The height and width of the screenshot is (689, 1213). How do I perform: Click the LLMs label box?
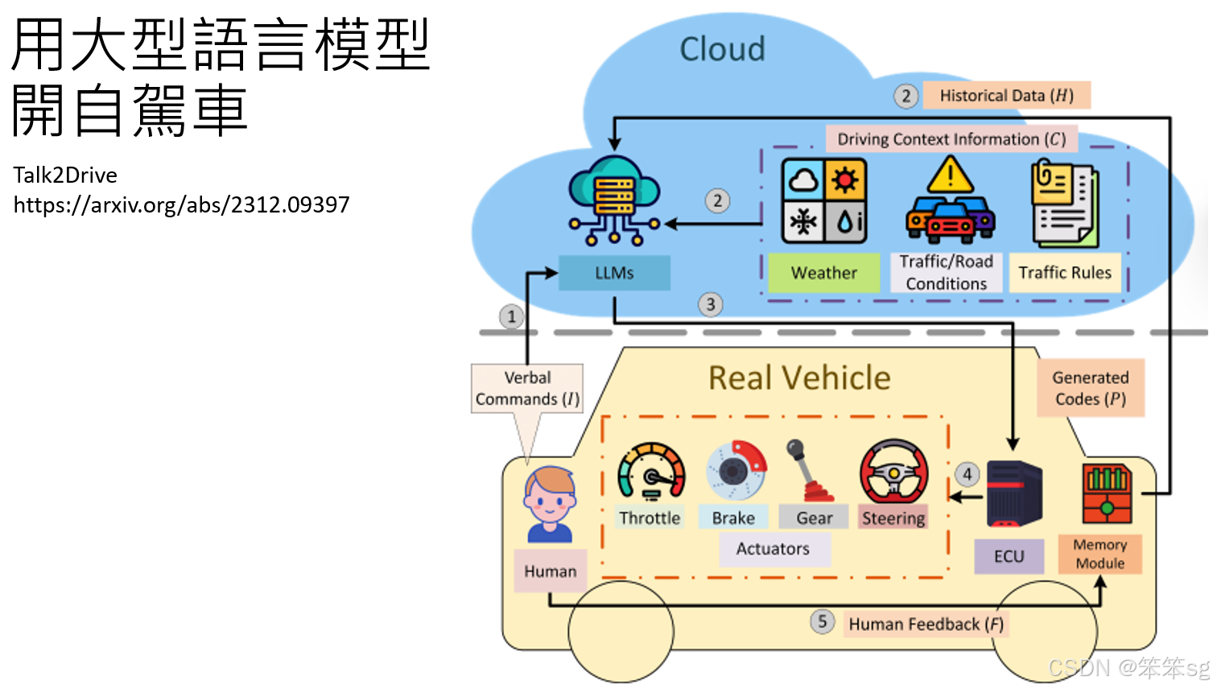(x=614, y=273)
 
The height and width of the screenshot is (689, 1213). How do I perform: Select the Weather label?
(x=823, y=273)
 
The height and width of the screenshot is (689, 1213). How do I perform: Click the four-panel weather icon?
(x=823, y=200)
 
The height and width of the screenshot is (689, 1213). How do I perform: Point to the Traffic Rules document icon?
(x=1065, y=204)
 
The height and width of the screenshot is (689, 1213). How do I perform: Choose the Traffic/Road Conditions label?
(x=946, y=273)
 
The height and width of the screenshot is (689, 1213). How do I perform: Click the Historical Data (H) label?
(x=1006, y=96)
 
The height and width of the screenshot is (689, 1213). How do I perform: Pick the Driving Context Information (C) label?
(x=951, y=139)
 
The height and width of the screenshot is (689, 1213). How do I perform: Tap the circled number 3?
(x=710, y=304)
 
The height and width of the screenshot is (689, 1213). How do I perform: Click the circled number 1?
(x=511, y=316)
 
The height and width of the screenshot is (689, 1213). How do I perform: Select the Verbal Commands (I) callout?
(x=527, y=388)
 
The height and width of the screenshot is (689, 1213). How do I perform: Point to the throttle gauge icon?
(x=651, y=472)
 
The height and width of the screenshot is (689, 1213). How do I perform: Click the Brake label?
(x=733, y=518)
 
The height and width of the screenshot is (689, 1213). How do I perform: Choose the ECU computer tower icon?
(x=1013, y=493)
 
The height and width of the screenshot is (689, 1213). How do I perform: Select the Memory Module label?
(x=1100, y=554)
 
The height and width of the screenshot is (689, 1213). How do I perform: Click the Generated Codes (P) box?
(x=1090, y=388)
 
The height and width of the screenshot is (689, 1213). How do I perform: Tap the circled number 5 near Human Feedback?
(x=822, y=621)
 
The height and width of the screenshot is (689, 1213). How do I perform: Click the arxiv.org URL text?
(x=181, y=204)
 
